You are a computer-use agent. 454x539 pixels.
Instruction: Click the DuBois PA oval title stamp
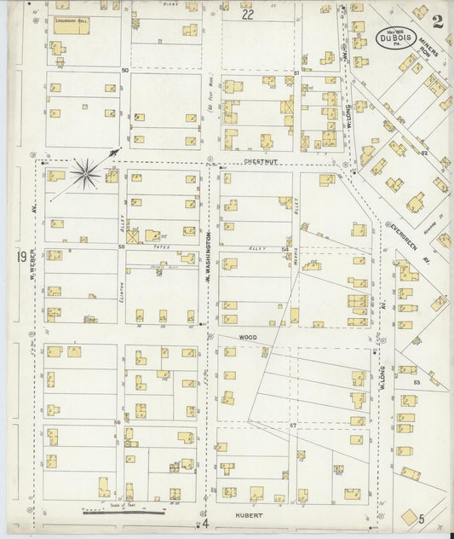[394, 38]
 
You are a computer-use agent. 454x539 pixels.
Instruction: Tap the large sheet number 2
[436, 22]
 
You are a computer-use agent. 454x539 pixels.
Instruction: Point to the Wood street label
[247, 338]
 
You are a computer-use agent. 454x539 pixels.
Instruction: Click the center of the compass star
[85, 175]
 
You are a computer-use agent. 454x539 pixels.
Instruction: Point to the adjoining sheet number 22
[247, 14]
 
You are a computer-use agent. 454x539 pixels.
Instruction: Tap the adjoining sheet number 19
[20, 257]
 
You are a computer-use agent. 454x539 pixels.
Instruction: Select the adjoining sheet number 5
[421, 518]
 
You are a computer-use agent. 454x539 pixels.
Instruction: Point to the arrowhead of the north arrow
[117, 151]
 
